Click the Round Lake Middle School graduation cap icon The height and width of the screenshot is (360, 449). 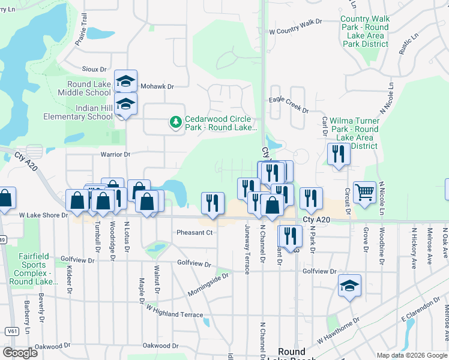click(125, 81)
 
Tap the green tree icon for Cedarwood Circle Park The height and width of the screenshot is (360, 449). click(176, 122)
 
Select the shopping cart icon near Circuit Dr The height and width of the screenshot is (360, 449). click(364, 192)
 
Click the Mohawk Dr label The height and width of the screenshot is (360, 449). click(158, 87)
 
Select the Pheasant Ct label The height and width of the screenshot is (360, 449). click(194, 233)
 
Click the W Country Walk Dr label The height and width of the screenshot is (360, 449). click(295, 22)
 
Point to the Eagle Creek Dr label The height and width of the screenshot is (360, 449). click(289, 106)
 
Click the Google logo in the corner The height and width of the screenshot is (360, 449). click(20, 353)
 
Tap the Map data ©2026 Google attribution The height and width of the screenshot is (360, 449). click(412, 355)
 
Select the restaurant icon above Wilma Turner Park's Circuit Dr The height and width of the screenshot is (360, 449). click(339, 155)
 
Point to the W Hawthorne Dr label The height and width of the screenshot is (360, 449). click(339, 329)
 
